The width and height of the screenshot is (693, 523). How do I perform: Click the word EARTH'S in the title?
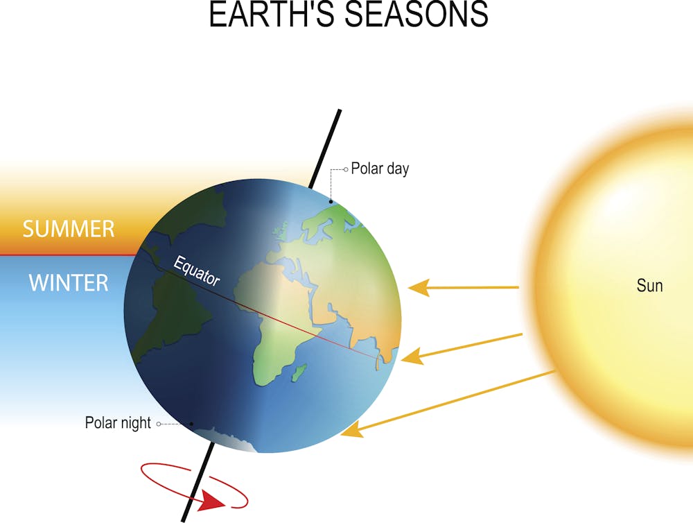pos(260,15)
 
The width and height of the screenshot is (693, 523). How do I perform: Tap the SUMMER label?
pos(68,229)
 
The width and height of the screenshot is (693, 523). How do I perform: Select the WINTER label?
pos(68,283)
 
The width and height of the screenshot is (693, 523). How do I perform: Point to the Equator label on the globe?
pos(196,271)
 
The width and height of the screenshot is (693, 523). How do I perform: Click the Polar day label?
pos(380,169)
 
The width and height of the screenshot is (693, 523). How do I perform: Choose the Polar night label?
pos(118,422)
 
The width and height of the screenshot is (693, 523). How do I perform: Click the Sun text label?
pos(649,285)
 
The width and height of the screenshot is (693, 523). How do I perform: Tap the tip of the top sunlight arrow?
pos(411,287)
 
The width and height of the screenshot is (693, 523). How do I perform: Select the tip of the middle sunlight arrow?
pos(403,359)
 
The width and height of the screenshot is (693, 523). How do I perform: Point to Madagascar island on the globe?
pos(299,375)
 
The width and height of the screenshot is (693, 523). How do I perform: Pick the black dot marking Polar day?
pos(331,202)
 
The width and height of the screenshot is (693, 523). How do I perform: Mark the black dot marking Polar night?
pos(192,424)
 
